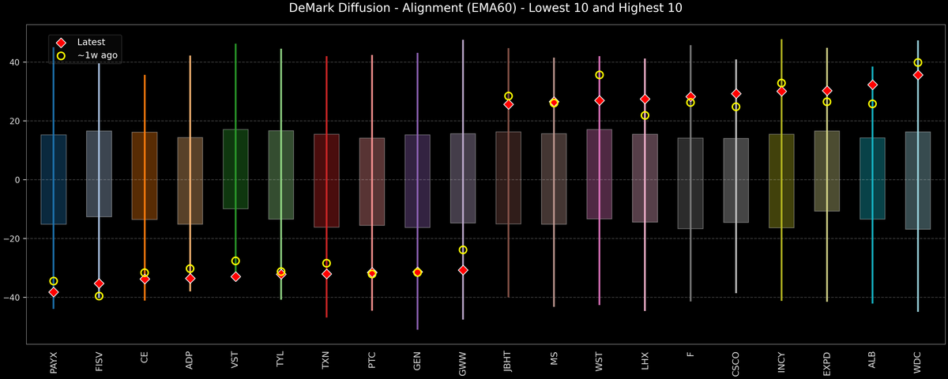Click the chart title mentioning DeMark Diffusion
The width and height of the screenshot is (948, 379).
click(x=474, y=9)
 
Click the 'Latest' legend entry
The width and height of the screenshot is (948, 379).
click(x=90, y=42)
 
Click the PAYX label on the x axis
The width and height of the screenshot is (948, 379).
click(x=54, y=362)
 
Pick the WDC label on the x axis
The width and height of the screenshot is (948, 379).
click(x=918, y=362)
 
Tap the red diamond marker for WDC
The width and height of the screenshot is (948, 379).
click(x=918, y=75)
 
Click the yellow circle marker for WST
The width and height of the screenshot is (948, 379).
click(x=600, y=75)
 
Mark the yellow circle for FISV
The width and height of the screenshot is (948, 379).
click(x=99, y=296)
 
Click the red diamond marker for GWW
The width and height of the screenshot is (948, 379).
click(x=463, y=270)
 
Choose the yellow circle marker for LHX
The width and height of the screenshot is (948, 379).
click(x=645, y=115)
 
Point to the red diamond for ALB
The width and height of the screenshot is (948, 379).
click(x=872, y=84)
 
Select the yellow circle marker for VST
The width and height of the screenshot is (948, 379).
click(x=235, y=261)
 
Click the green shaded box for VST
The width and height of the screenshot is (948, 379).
click(x=235, y=169)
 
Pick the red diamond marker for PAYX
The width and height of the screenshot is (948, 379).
click(x=54, y=292)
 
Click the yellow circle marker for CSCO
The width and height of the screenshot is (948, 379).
click(x=736, y=107)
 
